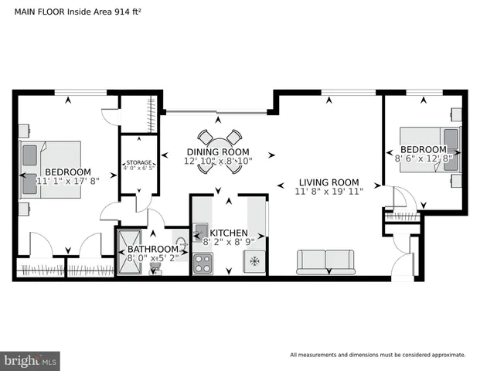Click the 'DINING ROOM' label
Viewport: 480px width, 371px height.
click(218, 151)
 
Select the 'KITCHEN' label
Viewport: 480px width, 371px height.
click(229, 233)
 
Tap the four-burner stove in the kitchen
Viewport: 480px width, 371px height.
click(203, 264)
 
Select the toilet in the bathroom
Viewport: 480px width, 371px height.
click(157, 265)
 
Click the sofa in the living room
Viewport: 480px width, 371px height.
click(325, 261)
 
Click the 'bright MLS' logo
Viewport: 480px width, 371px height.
click(31, 360)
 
